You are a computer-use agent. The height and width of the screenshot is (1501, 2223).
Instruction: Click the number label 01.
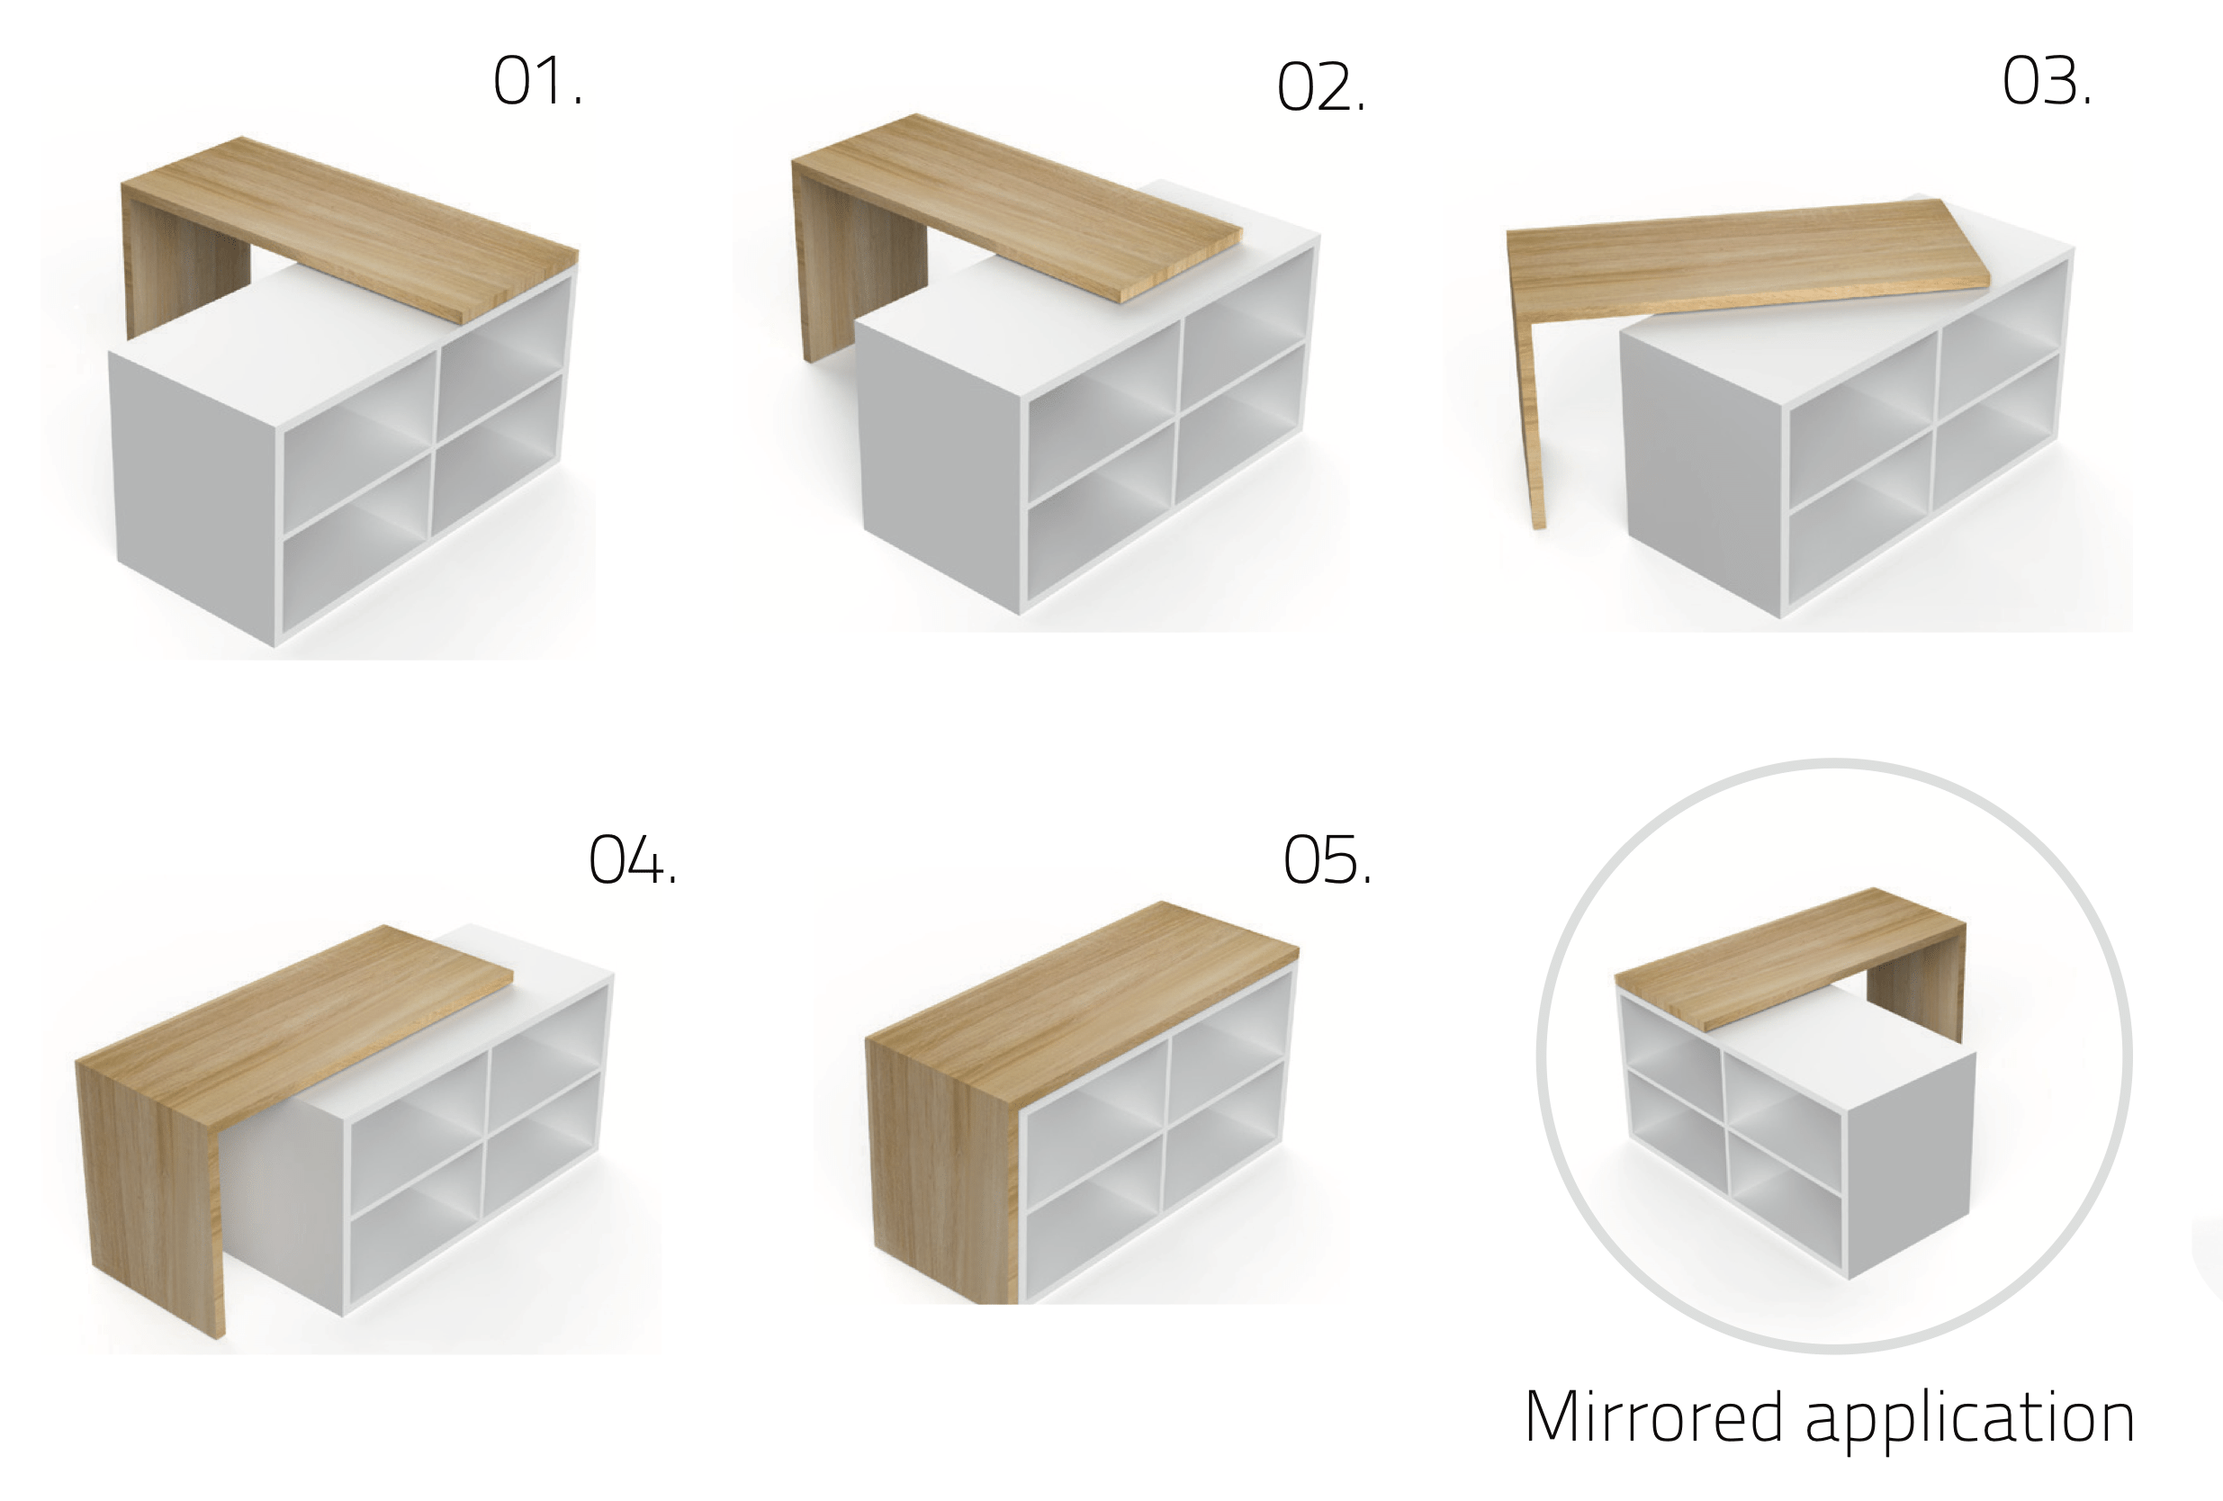point(536,81)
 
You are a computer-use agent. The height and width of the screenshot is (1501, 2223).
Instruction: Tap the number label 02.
point(1321,88)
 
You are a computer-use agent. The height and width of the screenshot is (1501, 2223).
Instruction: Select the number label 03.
point(2046,81)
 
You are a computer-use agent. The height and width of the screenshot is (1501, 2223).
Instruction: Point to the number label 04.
point(633,859)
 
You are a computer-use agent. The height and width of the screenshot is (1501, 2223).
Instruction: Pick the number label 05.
point(1327,859)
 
